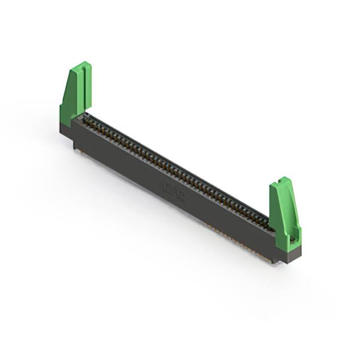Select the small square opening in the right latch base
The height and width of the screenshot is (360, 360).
pos(292,240)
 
